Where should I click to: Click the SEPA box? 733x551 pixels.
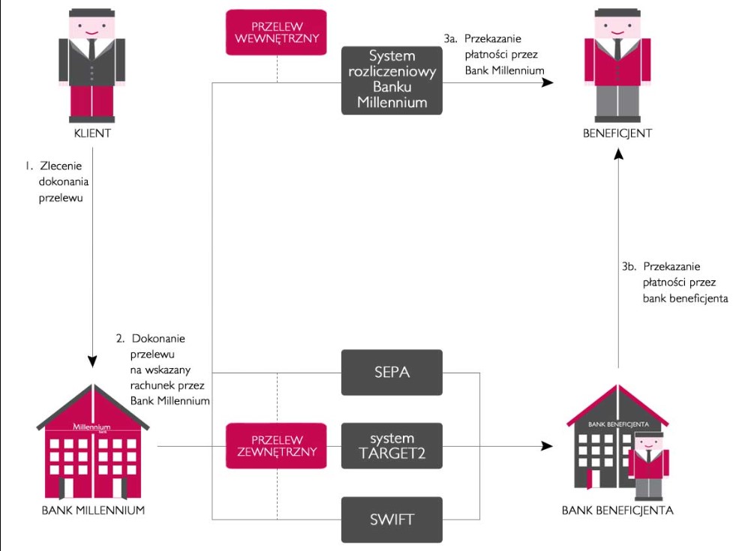(392, 373)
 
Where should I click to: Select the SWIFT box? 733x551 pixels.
(392, 518)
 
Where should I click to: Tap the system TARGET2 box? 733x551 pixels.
(392, 445)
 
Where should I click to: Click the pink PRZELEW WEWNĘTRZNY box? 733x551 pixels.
(277, 32)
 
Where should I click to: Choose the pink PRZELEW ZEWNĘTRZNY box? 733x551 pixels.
(277, 445)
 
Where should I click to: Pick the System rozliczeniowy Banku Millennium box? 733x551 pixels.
(392, 79)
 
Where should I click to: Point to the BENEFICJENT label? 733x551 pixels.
(617, 134)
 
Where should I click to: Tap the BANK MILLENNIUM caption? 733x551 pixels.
(93, 511)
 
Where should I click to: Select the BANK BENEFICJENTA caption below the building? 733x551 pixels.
(617, 511)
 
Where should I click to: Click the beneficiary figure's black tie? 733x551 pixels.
(617, 49)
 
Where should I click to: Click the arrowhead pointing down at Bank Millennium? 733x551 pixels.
(93, 360)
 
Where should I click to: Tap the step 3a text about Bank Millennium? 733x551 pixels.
(494, 54)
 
